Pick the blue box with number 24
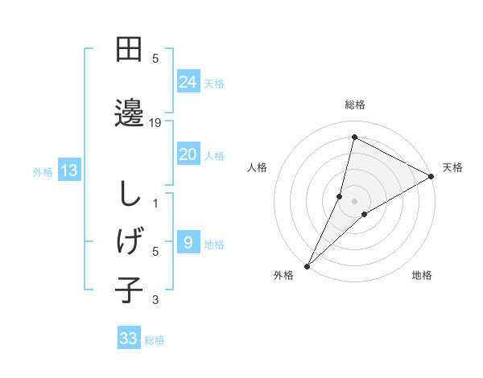[188, 81]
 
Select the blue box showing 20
[188, 154]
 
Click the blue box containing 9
[188, 242]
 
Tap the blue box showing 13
[68, 170]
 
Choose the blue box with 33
[129, 339]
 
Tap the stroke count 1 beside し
[155, 203]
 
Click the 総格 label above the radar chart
[354, 105]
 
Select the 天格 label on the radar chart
[452, 167]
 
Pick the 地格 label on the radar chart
[422, 275]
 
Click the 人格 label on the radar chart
[257, 167]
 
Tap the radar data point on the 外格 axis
[307, 265]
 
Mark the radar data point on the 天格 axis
[431, 176]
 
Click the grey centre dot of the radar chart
[354, 201]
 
